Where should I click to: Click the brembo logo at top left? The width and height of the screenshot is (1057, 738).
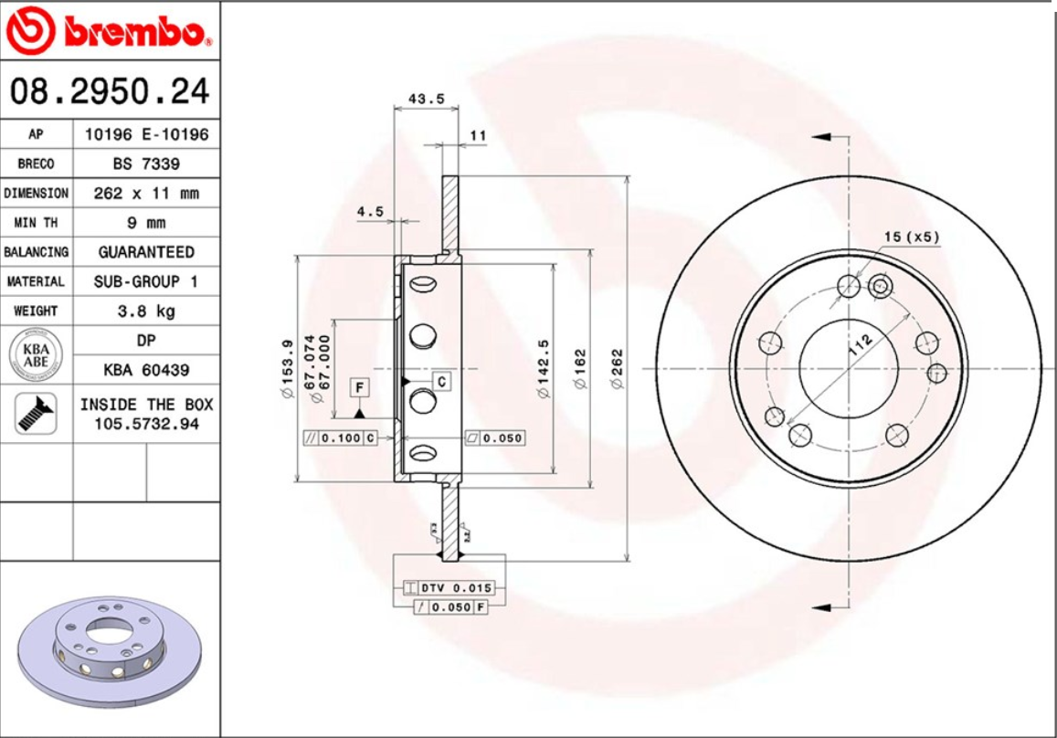pyautogui.click(x=109, y=32)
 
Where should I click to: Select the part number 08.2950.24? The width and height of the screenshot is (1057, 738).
pyautogui.click(x=110, y=91)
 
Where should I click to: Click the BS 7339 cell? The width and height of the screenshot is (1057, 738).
pyautogui.click(x=146, y=164)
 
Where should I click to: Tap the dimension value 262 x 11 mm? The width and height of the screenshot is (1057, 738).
pyautogui.click(x=146, y=194)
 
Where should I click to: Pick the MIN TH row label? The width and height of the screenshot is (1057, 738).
pyautogui.click(x=37, y=223)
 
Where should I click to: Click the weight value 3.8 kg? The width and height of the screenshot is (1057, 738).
pyautogui.click(x=146, y=311)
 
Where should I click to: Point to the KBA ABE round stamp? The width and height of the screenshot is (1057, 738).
pyautogui.click(x=37, y=355)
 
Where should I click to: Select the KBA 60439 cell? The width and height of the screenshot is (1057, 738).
pyautogui.click(x=146, y=370)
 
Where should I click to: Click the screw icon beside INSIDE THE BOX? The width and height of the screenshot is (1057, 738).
pyautogui.click(x=37, y=414)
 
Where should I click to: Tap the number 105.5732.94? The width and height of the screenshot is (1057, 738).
pyautogui.click(x=146, y=424)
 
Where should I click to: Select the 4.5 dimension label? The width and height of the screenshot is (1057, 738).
pyautogui.click(x=370, y=211)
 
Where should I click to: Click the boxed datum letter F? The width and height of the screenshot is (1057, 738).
pyautogui.click(x=360, y=388)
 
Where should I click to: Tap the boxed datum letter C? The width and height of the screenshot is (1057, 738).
pyautogui.click(x=441, y=381)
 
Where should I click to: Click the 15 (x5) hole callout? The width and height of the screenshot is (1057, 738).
pyautogui.click(x=911, y=237)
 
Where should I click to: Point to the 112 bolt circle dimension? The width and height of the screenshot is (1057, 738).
pyautogui.click(x=859, y=345)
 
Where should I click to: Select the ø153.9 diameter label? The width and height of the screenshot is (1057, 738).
pyautogui.click(x=286, y=368)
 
